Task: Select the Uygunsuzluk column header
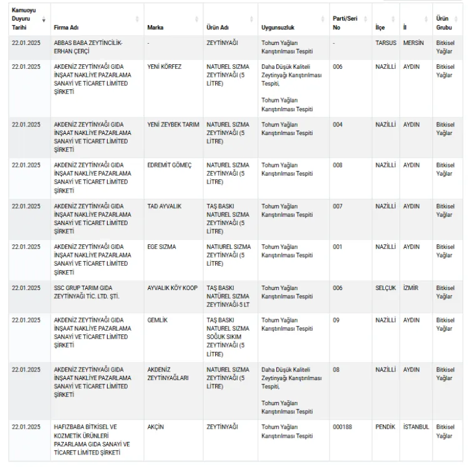[278, 28]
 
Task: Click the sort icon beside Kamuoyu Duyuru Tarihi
[44, 19]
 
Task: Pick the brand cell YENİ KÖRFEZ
[164, 66]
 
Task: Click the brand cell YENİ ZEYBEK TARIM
[173, 124]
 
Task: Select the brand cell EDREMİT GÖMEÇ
[169, 165]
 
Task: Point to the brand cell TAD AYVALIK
[164, 206]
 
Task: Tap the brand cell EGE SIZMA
[161, 247]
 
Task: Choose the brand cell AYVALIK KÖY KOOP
[172, 288]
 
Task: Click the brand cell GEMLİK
[158, 320]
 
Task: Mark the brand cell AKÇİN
[155, 427]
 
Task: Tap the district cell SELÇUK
[385, 288]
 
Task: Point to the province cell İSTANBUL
[416, 427]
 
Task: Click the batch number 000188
[342, 427]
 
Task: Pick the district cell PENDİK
[385, 427]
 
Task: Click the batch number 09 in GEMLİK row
[336, 320]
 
